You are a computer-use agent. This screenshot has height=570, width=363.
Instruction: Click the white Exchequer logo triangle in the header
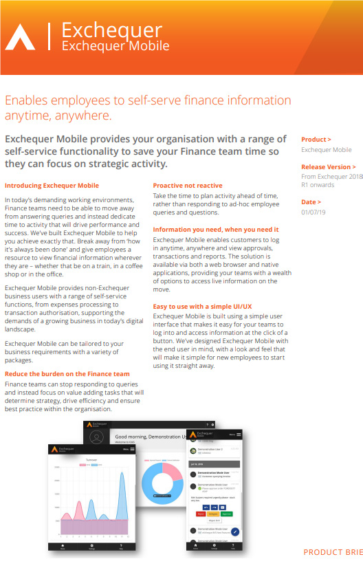(20, 38)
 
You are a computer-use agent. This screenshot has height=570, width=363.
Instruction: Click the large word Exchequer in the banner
(111, 30)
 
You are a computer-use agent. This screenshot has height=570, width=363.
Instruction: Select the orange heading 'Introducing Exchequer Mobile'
(52, 186)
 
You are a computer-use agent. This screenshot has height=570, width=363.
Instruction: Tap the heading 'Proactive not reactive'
(188, 186)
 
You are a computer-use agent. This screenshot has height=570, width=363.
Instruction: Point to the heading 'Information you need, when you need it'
(216, 229)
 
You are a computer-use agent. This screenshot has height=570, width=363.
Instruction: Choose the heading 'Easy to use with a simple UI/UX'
(202, 306)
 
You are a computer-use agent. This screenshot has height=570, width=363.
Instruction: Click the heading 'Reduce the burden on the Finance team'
(67, 373)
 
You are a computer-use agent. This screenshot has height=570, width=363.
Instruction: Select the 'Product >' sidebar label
(316, 140)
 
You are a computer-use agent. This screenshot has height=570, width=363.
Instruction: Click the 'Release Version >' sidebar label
(329, 166)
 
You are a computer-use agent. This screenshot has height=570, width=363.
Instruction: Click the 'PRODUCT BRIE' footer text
(333, 552)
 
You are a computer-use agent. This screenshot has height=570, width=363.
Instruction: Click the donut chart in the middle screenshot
(162, 485)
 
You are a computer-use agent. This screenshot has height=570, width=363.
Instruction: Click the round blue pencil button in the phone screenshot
(235, 531)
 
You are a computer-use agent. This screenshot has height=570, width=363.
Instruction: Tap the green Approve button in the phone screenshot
(227, 514)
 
